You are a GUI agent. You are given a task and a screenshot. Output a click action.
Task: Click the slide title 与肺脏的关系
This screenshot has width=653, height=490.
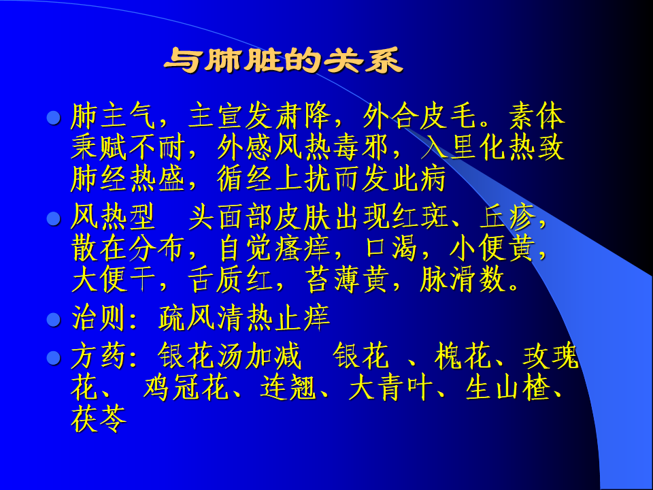pos(283,61)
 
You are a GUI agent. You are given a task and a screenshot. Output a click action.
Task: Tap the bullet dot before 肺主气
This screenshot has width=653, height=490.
pos(54,118)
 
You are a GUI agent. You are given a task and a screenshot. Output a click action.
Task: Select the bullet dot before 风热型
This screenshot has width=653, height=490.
pos(54,218)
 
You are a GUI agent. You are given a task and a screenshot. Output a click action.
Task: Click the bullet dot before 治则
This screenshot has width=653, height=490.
pos(54,320)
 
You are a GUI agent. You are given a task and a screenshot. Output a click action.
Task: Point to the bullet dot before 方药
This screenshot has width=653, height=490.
pos(54,357)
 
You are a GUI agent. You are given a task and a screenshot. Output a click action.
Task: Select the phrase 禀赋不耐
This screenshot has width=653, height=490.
pos(128,147)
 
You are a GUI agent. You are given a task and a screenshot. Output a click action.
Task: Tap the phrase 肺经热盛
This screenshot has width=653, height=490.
pos(128,179)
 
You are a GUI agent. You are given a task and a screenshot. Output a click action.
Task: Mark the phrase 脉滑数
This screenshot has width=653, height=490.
pos(463,279)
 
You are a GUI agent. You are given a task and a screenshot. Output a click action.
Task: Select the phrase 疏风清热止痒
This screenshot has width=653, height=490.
pos(244,318)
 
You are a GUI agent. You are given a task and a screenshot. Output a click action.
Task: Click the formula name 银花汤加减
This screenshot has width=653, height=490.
pos(229,356)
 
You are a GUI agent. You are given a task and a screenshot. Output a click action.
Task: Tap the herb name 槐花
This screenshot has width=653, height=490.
pos(463,356)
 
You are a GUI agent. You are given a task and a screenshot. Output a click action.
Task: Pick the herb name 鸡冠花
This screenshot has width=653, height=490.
pos(185,387)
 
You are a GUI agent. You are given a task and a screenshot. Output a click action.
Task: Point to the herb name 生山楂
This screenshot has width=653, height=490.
pos(508,387)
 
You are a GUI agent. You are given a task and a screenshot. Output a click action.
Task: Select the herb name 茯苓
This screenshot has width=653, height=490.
pos(99,419)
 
